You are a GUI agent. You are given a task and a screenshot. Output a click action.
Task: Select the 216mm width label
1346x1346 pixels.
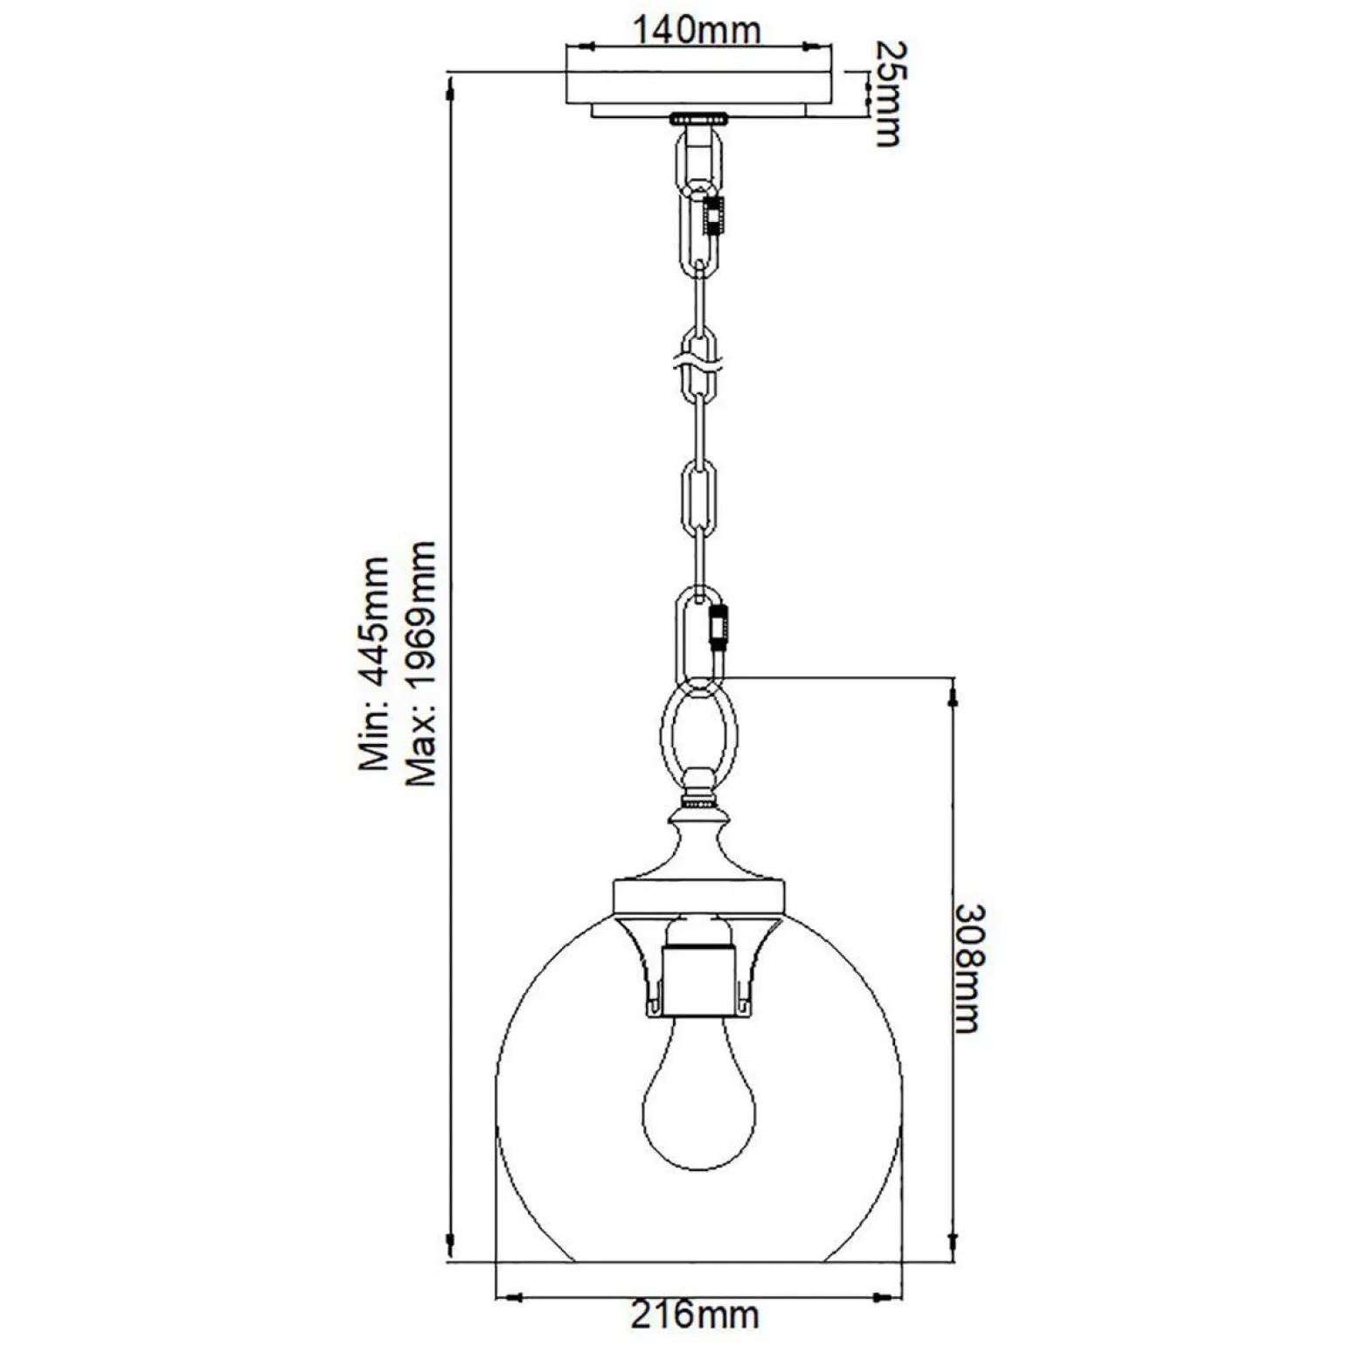point(696,1314)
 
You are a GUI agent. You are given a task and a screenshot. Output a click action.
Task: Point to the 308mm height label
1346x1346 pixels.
point(968,968)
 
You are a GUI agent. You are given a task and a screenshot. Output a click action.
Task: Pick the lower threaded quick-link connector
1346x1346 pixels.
point(719,627)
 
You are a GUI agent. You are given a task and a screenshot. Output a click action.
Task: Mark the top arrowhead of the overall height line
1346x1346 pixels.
point(451,87)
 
